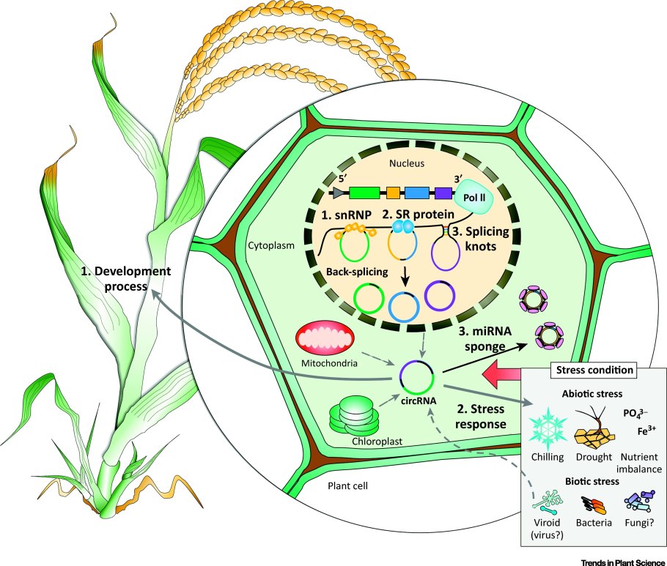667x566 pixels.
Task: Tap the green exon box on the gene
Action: click(x=364, y=193)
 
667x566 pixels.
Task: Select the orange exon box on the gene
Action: click(x=393, y=193)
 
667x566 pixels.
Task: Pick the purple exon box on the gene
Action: click(x=443, y=193)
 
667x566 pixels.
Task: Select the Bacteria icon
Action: click(x=593, y=504)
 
